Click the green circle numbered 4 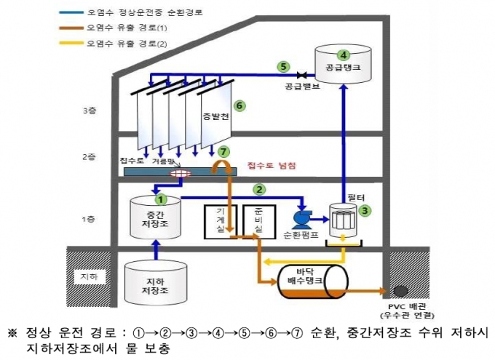tap(343, 55)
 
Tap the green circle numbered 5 tap(283, 67)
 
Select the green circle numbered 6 tap(239, 105)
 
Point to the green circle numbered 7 tap(223, 152)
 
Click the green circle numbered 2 tap(259, 189)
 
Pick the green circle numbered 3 tap(365, 210)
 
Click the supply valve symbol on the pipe tap(302, 75)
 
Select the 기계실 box tap(221, 222)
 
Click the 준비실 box tap(259, 222)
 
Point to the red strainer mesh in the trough tap(181, 173)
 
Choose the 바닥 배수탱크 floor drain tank tap(313, 281)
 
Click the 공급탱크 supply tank tap(343, 64)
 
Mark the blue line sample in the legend tap(71, 13)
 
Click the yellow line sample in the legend tap(71, 43)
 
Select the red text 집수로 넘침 tap(272, 165)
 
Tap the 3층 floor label tap(90, 111)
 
